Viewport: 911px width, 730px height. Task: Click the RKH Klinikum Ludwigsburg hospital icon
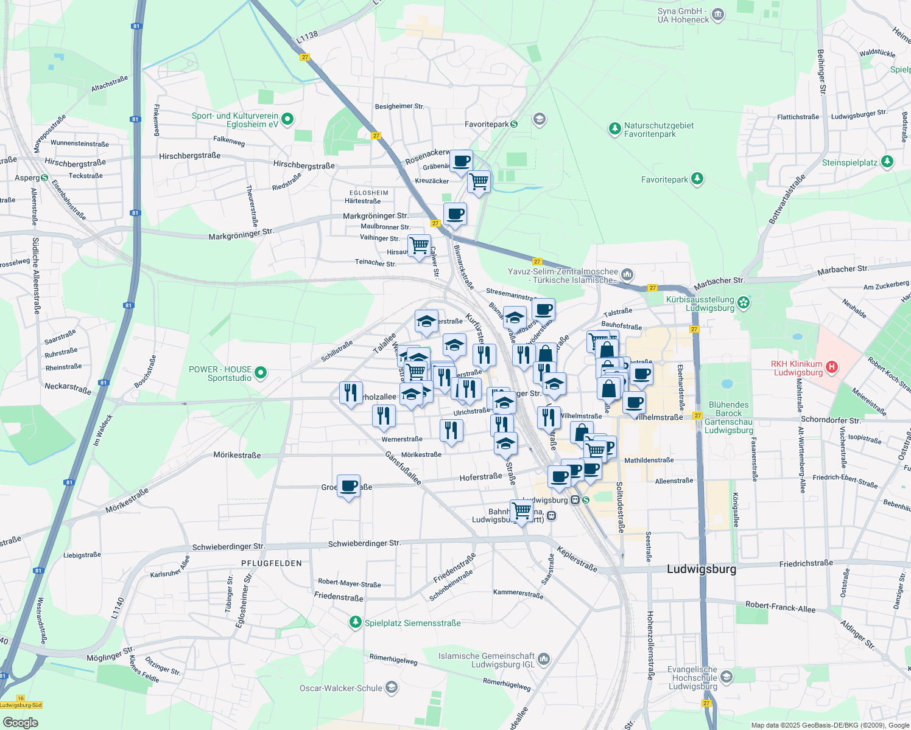(832, 367)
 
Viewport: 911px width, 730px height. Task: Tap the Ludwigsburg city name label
(702, 569)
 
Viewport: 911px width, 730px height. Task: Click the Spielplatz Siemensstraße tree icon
(355, 622)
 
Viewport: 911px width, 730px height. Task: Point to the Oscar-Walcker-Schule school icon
(392, 688)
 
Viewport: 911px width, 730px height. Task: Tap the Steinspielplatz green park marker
(887, 162)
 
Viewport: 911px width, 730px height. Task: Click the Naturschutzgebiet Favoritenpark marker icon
(614, 129)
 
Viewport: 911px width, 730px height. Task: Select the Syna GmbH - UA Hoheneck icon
(718, 15)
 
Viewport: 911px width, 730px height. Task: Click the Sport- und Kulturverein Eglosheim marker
(288, 119)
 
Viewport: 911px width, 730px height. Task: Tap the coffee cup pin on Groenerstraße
(348, 486)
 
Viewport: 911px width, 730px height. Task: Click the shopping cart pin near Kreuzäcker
(479, 181)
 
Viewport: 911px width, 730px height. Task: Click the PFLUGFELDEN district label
(272, 563)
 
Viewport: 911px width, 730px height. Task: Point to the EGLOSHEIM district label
(369, 193)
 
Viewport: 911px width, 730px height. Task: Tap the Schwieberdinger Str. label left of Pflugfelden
(228, 547)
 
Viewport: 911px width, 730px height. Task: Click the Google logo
(20, 722)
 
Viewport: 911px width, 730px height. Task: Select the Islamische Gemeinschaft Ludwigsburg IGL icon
(544, 659)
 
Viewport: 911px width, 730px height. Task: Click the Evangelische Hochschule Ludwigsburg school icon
(726, 677)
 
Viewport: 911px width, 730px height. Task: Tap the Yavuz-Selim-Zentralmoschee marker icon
(628, 275)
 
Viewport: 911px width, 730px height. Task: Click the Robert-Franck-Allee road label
(780, 607)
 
